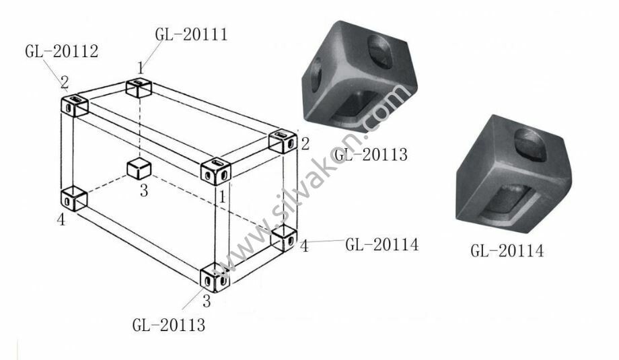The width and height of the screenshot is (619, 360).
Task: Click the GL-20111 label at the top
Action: point(192,34)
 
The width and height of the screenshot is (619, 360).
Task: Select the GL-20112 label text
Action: point(62,51)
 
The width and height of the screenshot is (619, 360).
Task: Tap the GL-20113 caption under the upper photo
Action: point(370,154)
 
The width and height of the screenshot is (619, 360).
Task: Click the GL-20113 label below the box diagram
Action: point(169,325)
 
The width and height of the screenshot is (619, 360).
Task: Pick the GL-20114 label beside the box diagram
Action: point(381,245)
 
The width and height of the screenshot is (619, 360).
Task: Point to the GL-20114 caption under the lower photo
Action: point(507,251)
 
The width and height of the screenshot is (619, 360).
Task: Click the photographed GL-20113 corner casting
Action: point(359,76)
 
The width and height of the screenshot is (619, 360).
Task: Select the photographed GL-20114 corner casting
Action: point(513,174)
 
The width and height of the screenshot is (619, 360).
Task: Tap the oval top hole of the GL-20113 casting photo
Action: point(379,51)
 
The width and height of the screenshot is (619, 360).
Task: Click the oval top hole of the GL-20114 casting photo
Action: point(530,145)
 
